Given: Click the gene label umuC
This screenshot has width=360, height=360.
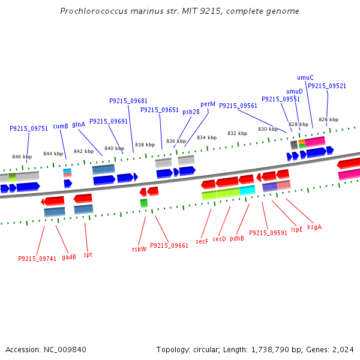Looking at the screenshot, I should pos(305,77).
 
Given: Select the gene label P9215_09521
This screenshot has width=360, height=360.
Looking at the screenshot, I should pos(327,86).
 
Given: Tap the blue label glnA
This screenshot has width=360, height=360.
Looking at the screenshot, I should pos(79,125).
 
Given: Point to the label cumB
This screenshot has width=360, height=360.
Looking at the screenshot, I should pos(61,126).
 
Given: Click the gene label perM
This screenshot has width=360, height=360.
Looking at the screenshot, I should pos(208,104).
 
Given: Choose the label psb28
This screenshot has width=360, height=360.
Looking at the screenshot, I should pos(191,112).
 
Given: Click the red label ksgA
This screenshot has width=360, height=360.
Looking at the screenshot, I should pos(314,227).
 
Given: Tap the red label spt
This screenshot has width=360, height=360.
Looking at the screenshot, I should pos(88,254).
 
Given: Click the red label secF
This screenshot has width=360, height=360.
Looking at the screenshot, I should pos(202,241).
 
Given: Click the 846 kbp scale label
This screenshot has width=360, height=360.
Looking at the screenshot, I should pos(22,157).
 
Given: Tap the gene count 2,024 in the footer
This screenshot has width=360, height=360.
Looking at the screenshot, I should pos(344,349).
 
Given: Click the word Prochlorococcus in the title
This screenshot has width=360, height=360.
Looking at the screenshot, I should pos(97,11).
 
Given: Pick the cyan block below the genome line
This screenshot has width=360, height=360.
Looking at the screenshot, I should pos(247,190).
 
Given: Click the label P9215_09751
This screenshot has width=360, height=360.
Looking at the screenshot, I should pos(29,128).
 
